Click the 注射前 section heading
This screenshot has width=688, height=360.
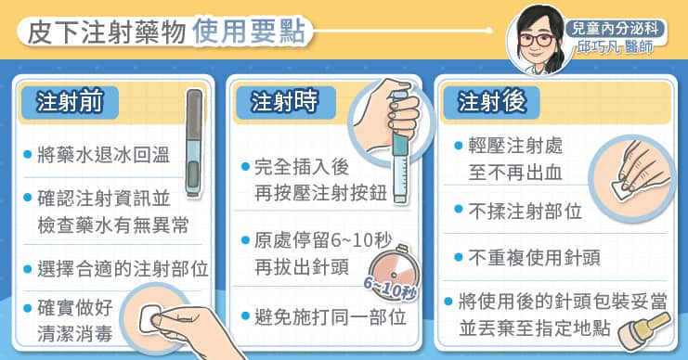point(70,102)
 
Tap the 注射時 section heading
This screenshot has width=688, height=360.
point(283,102)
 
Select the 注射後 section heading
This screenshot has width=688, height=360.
point(491,102)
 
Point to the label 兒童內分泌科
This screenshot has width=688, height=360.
point(615,29)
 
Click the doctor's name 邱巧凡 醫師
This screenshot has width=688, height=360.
point(616,46)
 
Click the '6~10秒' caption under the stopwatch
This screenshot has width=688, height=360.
point(390,289)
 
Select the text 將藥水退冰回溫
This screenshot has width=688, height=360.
point(104,155)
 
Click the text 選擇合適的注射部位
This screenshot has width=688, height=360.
point(123,269)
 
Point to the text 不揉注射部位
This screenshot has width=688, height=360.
point(526,212)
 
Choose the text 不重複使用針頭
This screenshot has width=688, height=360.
point(535,257)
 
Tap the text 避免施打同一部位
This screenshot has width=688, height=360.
point(331,317)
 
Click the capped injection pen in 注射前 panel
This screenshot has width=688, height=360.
point(194,142)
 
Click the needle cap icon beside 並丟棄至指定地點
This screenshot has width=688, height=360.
point(644,332)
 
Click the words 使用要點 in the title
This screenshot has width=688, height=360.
point(248,32)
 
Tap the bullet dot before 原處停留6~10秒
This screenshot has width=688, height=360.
point(246,240)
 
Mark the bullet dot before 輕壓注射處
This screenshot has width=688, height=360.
point(459,145)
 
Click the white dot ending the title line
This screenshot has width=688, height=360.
point(488,31)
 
